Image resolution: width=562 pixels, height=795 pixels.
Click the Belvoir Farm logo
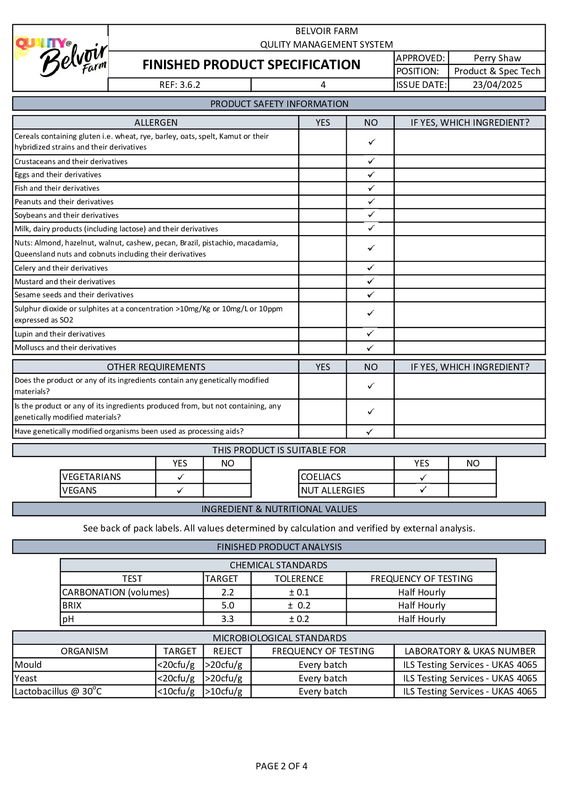[x=61, y=58]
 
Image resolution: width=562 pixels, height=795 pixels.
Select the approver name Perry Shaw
[x=497, y=58]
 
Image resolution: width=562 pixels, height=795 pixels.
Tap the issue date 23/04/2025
[x=497, y=85]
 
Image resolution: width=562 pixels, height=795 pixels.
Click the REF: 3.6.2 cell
[x=179, y=85]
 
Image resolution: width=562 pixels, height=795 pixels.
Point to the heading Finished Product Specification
[x=251, y=64]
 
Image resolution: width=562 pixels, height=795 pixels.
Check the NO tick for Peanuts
[x=371, y=201]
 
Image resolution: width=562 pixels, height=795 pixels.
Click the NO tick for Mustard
[x=370, y=281]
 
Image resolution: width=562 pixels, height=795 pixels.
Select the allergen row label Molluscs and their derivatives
[x=65, y=347]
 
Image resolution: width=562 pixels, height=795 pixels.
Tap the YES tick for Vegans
[x=180, y=490]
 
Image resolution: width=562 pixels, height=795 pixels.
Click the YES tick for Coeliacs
[x=423, y=477]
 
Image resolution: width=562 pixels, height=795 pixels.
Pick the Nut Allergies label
[x=333, y=490]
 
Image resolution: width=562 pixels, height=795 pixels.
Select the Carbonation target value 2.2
[x=228, y=592]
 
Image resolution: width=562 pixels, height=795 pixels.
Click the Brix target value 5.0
[x=228, y=605]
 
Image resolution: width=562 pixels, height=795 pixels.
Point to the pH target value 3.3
[x=228, y=619]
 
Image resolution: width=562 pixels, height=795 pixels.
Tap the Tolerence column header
[x=299, y=579]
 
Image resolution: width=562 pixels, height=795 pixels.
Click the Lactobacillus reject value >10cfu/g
[x=224, y=691]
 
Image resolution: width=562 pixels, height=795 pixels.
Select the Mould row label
[x=28, y=665]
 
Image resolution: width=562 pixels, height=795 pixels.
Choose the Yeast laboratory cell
[x=470, y=678]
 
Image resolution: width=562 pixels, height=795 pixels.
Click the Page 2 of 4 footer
[x=281, y=766]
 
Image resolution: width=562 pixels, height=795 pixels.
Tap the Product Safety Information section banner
[x=279, y=104]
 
